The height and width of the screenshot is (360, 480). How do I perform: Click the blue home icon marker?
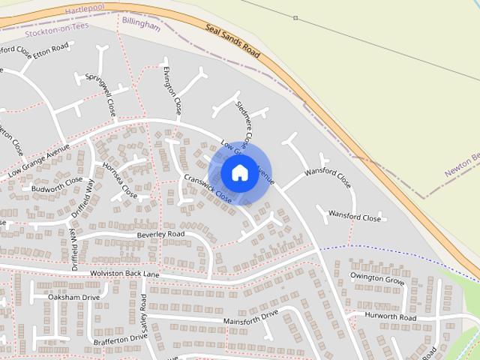(239, 172)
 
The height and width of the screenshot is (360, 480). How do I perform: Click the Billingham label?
(141, 25)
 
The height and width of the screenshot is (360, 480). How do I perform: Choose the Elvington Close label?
(172, 90)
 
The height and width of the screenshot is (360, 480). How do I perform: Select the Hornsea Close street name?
(120, 180)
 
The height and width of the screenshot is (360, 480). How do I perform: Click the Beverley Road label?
(160, 235)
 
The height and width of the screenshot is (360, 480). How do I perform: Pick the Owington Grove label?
(377, 279)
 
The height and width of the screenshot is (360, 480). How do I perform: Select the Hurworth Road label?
(390, 317)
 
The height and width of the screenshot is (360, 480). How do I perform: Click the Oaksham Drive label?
(73, 298)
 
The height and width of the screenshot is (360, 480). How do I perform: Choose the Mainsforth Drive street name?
(250, 316)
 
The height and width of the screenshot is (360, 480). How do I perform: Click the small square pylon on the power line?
(295, 17)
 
